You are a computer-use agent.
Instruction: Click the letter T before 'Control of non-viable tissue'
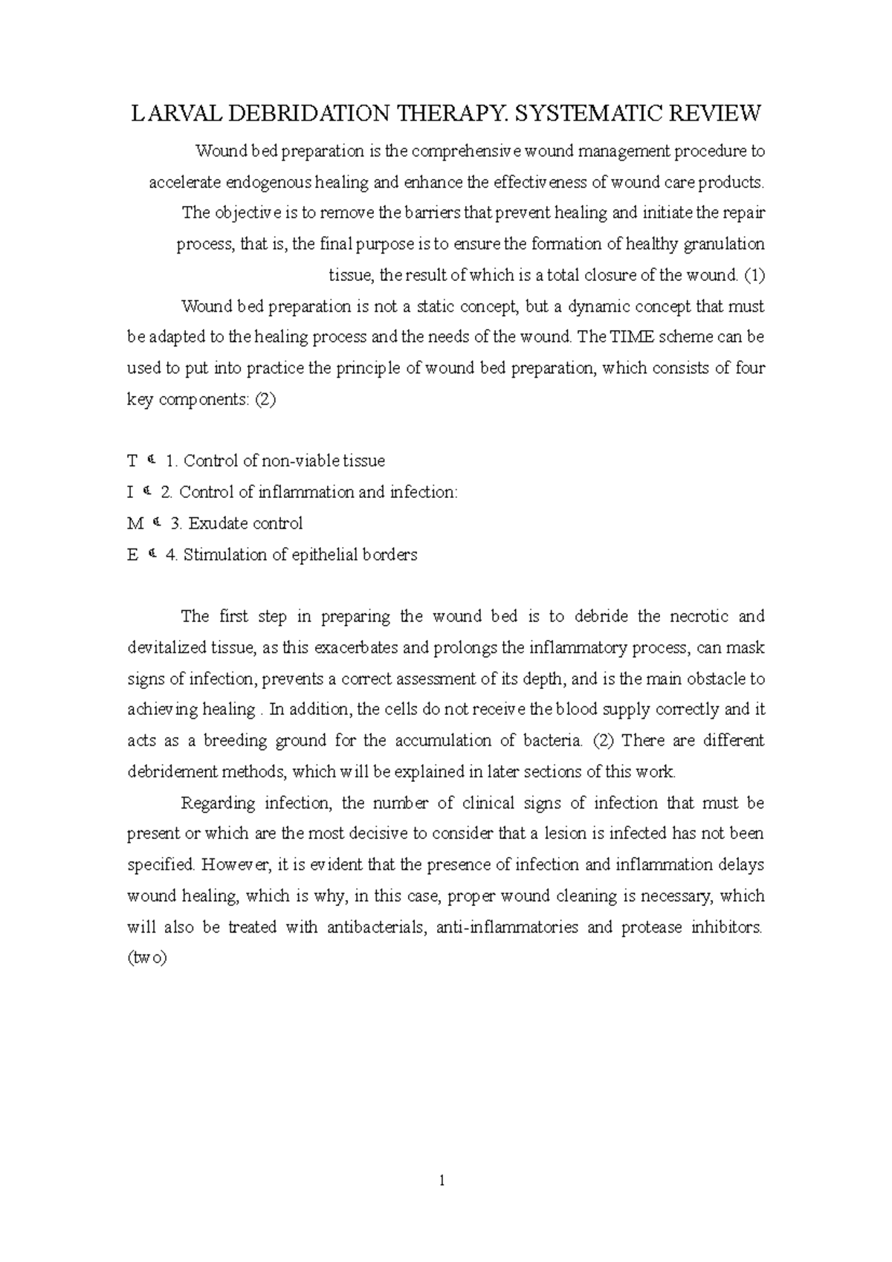(132, 462)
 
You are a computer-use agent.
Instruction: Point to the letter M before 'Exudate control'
(135, 524)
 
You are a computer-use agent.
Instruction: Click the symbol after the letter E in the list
(152, 554)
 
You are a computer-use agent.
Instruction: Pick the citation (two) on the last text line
(147, 959)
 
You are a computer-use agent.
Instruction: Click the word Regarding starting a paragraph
(218, 803)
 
